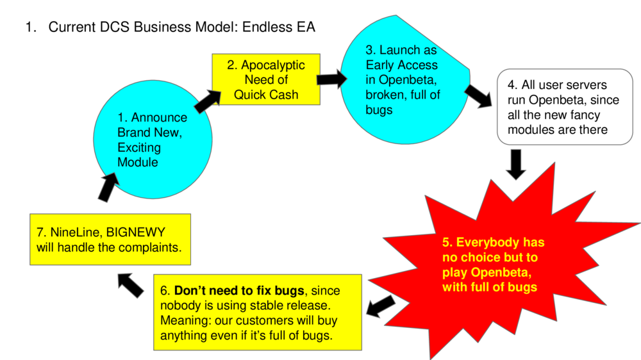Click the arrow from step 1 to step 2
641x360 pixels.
point(206,101)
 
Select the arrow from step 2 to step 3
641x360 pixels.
point(330,79)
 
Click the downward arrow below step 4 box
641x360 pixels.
point(516,165)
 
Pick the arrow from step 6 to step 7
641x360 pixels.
point(132,284)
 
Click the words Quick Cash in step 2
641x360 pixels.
point(266,95)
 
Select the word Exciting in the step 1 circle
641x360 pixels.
point(139,148)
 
